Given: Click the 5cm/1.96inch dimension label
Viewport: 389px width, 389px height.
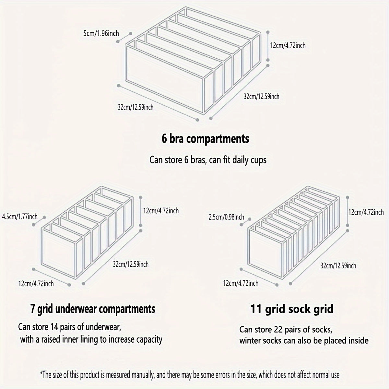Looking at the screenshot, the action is pyautogui.click(x=101, y=33).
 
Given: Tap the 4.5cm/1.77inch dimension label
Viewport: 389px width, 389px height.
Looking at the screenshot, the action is pyautogui.click(x=20, y=217).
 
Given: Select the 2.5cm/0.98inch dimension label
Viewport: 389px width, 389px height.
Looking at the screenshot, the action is pyautogui.click(x=226, y=217).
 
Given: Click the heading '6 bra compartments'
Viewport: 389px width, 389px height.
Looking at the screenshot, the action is pyautogui.click(x=206, y=139).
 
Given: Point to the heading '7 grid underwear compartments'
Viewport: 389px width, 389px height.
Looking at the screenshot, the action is pyautogui.click(x=93, y=309).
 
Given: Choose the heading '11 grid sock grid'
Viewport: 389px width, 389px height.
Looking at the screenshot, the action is pyautogui.click(x=292, y=309).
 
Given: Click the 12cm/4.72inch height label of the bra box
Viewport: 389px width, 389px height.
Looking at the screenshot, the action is pyautogui.click(x=288, y=45).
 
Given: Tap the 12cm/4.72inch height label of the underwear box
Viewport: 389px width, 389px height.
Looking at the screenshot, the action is pyautogui.click(x=161, y=211).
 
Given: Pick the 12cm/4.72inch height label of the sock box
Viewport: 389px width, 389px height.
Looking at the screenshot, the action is pyautogui.click(x=366, y=212).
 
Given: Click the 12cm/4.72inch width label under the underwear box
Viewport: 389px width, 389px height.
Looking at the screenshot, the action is pyautogui.click(x=36, y=284).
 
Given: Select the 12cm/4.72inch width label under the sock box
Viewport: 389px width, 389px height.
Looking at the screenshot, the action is pyautogui.click(x=241, y=283).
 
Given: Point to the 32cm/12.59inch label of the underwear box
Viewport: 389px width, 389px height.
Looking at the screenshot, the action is pyautogui.click(x=131, y=264).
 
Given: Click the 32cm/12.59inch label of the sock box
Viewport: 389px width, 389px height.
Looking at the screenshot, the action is pyautogui.click(x=338, y=265).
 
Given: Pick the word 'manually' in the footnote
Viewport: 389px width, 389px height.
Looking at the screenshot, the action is pyautogui.click(x=143, y=375).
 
